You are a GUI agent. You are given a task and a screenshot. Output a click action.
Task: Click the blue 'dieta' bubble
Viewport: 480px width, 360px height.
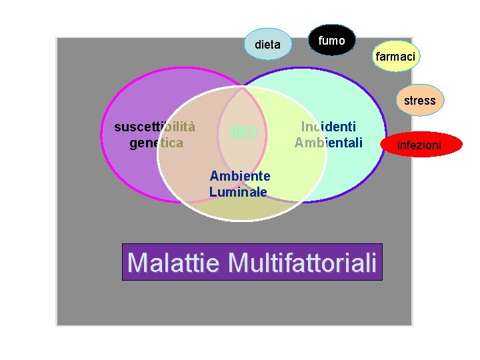point(267,44)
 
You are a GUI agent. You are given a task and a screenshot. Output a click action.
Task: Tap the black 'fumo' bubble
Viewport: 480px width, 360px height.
point(331,41)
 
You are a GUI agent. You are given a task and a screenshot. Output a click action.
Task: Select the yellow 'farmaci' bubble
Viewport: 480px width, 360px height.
point(395,57)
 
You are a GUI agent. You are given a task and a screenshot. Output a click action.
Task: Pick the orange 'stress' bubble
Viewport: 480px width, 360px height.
point(419,101)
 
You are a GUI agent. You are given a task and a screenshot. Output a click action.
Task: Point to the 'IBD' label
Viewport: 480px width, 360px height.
point(243,133)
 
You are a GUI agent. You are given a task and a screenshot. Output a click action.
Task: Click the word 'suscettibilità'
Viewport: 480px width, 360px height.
point(155,127)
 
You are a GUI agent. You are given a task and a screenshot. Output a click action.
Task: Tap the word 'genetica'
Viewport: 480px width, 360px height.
point(156,142)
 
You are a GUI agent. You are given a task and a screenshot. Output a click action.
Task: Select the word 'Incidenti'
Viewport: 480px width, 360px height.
point(328,127)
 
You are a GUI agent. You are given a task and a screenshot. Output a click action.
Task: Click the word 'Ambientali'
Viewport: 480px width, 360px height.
point(328,142)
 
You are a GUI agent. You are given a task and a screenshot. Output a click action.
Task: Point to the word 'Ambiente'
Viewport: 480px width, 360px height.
point(240,176)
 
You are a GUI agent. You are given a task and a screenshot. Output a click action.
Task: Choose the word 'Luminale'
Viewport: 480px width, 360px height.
point(238,192)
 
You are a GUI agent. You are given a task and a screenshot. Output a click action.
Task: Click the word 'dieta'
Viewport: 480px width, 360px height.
point(267,45)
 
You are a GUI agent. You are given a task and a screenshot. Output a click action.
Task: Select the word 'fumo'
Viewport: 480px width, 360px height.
point(331,41)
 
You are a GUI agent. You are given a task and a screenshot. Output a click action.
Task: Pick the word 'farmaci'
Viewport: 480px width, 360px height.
point(395,57)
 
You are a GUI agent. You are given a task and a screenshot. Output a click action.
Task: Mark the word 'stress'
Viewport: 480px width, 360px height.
point(419,101)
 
